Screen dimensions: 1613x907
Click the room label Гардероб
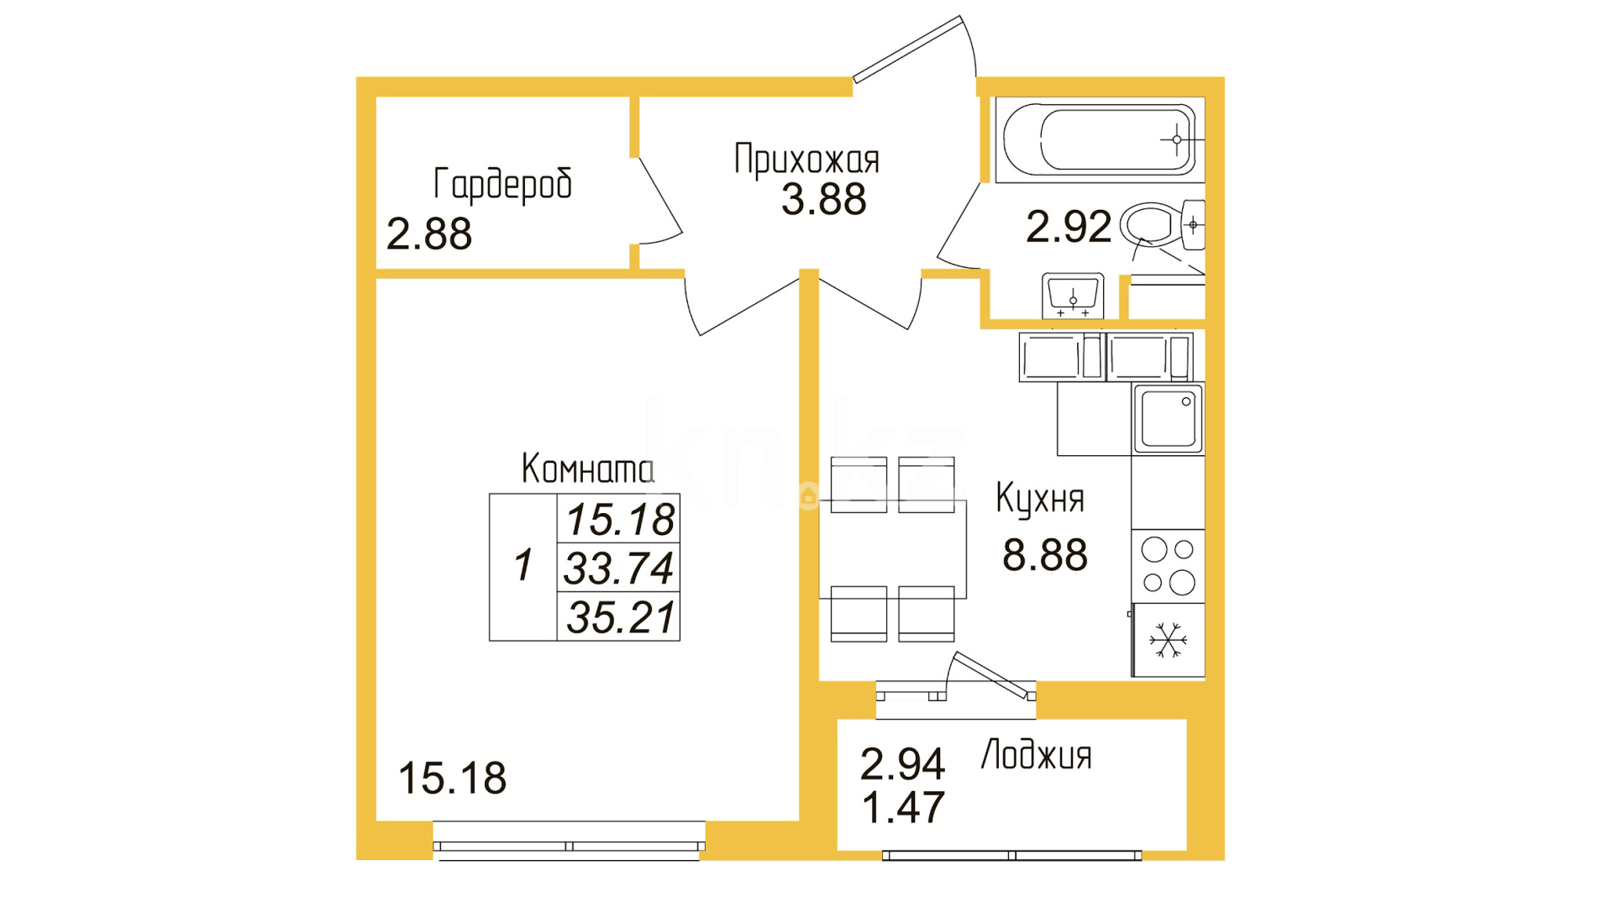coord(502,185)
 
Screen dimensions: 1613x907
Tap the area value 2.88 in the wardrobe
coord(429,233)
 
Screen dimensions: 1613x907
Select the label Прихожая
coord(806,159)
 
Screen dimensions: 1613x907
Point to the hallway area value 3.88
coord(823,200)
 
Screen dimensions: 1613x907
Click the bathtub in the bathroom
coord(1100,140)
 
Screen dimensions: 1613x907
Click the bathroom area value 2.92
coord(1069,227)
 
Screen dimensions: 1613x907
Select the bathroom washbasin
coord(1073,295)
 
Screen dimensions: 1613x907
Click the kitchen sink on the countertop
coord(1168,418)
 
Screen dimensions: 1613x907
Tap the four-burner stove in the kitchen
coord(1168,566)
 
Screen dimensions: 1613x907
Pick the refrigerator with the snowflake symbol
coord(1168,640)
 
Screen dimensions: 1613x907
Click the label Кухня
coord(1040,498)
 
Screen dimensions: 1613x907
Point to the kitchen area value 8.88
coord(1045,555)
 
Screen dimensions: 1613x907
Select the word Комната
coord(587,469)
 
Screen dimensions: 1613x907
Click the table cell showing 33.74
coord(618,568)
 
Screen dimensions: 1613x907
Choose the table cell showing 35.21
coord(618,617)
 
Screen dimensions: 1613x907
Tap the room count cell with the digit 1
coord(523,567)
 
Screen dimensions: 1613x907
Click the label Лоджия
coord(1037,755)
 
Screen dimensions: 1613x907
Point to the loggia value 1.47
coord(904,808)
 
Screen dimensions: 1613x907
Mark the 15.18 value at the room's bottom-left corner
coord(453,779)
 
